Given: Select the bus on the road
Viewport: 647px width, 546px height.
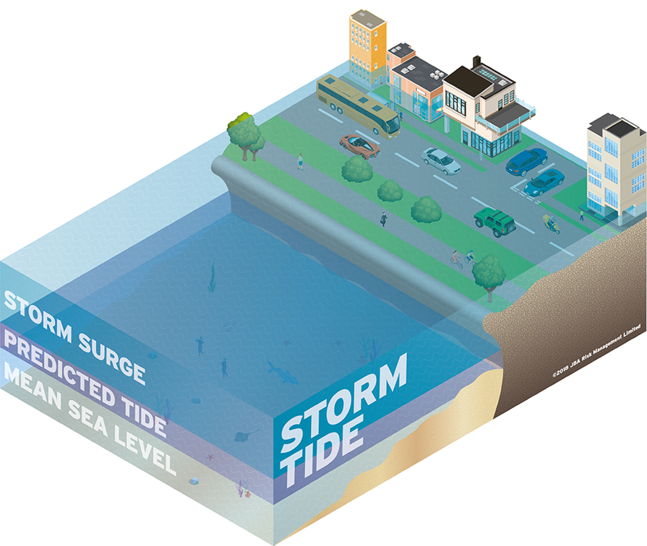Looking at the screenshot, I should [359, 108].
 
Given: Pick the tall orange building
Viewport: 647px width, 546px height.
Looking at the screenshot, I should [367, 47].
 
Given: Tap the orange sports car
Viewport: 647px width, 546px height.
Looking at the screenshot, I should [359, 145].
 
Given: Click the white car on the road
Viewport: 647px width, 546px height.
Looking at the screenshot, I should [440, 160].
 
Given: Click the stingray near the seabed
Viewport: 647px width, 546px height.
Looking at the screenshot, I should [244, 435].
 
